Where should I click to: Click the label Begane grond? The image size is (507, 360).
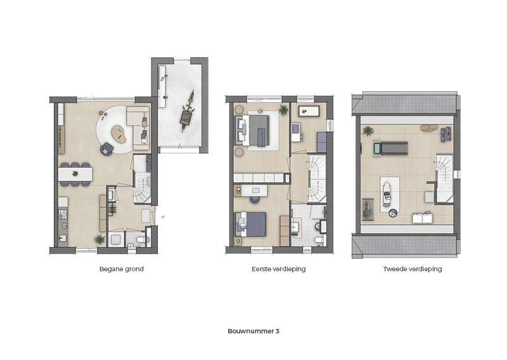(121, 269)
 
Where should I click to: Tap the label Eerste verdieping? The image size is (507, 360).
(278, 269)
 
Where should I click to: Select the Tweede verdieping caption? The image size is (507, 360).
(413, 269)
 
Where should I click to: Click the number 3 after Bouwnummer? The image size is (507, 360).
(277, 331)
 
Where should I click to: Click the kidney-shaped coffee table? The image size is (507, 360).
(119, 134)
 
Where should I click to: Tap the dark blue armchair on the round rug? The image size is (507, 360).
(106, 149)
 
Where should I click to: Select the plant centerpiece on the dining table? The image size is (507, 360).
(75, 174)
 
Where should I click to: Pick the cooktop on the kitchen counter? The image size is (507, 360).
(62, 214)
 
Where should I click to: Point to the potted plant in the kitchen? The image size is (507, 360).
(99, 240)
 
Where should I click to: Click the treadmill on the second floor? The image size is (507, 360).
(390, 148)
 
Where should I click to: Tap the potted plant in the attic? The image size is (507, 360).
(368, 131)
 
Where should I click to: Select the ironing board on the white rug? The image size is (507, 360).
(387, 193)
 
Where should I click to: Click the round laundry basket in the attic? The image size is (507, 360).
(393, 213)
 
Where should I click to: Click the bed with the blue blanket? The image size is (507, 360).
(251, 224)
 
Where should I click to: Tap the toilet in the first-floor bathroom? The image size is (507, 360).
(319, 240)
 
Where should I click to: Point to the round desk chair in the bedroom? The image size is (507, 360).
(255, 200)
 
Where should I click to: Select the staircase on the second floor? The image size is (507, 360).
(445, 178)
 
